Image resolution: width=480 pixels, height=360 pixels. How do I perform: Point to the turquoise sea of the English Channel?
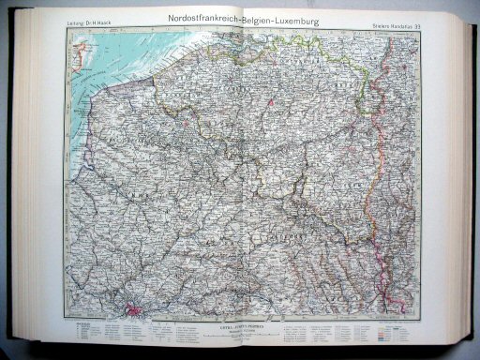point(103,66)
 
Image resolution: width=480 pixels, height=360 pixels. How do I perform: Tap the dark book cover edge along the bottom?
point(234,354)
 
